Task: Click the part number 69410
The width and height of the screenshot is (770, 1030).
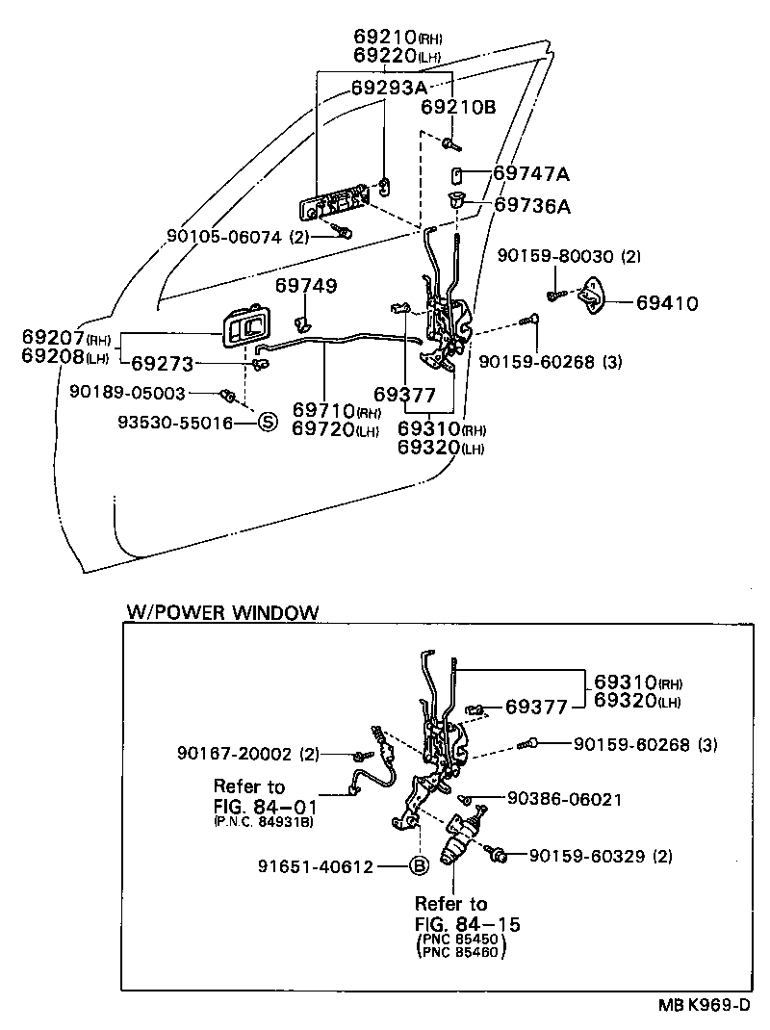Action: point(666,303)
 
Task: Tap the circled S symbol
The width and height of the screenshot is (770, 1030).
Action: point(267,423)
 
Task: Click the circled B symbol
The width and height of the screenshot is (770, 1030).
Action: point(419,865)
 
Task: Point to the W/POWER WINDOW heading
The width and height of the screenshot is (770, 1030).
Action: point(221,612)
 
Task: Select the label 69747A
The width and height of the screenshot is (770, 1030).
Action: point(531,174)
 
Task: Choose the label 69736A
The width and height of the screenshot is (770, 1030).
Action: point(532,205)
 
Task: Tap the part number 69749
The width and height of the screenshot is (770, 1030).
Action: point(306,285)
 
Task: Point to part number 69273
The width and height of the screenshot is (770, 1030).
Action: point(163,363)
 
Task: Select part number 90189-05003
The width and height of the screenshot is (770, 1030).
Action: point(126,393)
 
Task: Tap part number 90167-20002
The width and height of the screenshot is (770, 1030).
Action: point(235,754)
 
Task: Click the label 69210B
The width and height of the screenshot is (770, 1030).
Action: point(458,108)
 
